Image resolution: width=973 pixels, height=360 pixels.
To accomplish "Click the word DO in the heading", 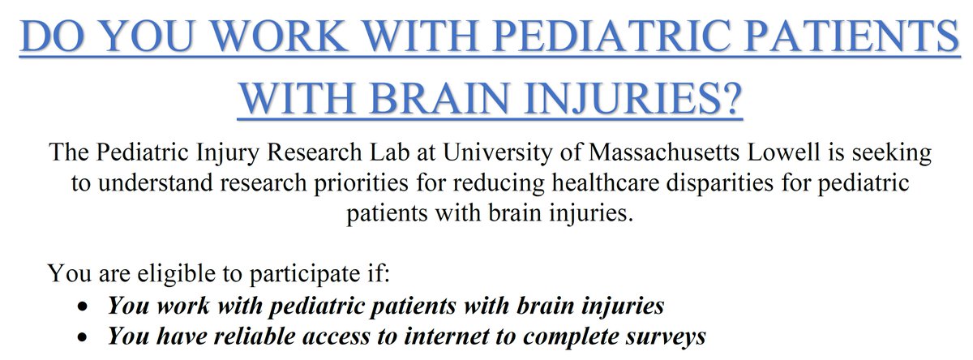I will pos(56,37).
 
